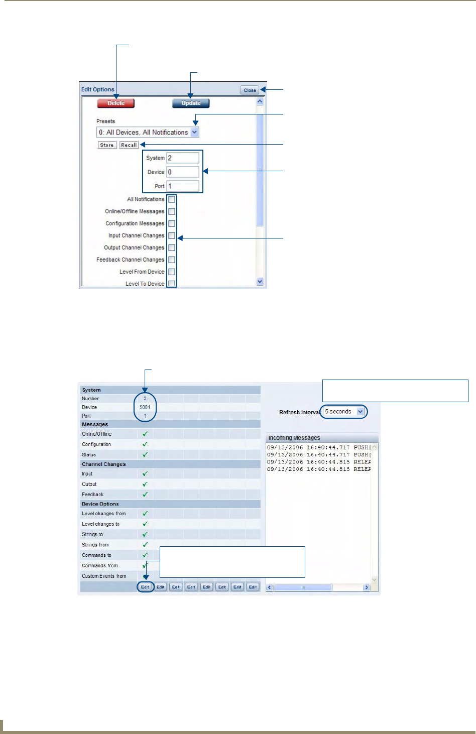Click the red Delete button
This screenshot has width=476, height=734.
[116, 103]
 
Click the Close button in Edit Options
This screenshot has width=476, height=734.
[250, 90]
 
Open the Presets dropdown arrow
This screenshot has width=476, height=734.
[195, 133]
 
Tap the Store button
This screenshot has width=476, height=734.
[107, 145]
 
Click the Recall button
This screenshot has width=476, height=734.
[129, 145]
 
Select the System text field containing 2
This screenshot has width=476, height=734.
[183, 158]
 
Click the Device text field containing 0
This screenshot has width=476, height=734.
[183, 172]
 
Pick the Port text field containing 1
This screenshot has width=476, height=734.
[183, 186]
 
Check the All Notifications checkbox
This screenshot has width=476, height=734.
[172, 199]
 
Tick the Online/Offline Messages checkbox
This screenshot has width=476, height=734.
[172, 211]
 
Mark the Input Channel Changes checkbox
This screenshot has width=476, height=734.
[172, 235]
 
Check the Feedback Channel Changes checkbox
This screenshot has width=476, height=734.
[172, 260]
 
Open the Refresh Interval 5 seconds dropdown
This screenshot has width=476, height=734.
[360, 412]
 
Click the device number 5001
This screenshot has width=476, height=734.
[145, 407]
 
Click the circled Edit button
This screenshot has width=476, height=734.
[145, 587]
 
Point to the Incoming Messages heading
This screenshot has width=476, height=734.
[294, 438]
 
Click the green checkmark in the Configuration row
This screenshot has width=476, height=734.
[145, 444]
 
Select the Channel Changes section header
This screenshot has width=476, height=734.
[104, 464]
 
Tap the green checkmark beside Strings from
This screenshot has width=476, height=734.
[145, 545]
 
